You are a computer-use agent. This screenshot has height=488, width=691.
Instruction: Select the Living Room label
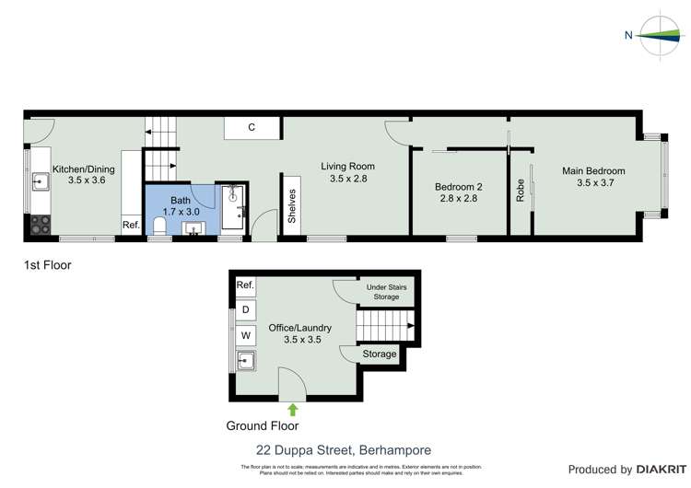coord(348,172)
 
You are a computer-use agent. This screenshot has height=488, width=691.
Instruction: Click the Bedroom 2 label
coord(460,192)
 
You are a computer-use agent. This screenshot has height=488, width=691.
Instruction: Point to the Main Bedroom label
coord(593,177)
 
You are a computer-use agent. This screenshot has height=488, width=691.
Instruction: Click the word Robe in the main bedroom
coord(521,190)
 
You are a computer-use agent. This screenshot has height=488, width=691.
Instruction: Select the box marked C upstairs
coord(252,128)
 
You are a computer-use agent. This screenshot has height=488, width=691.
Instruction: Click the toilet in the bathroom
coord(159,227)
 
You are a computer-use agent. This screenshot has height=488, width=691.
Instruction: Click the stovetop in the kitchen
coord(41,224)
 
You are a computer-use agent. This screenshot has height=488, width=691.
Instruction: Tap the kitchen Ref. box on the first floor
coord(131,225)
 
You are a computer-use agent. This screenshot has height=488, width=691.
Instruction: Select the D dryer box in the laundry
coord(246,310)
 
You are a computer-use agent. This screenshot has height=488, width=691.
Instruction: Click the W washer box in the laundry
coord(246,336)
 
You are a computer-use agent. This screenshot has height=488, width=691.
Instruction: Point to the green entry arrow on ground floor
coord(294,410)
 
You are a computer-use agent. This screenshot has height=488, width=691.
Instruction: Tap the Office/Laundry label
coord(299,333)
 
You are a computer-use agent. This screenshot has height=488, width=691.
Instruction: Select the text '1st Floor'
coord(47,265)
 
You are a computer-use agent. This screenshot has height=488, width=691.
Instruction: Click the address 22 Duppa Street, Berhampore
coord(343,450)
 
